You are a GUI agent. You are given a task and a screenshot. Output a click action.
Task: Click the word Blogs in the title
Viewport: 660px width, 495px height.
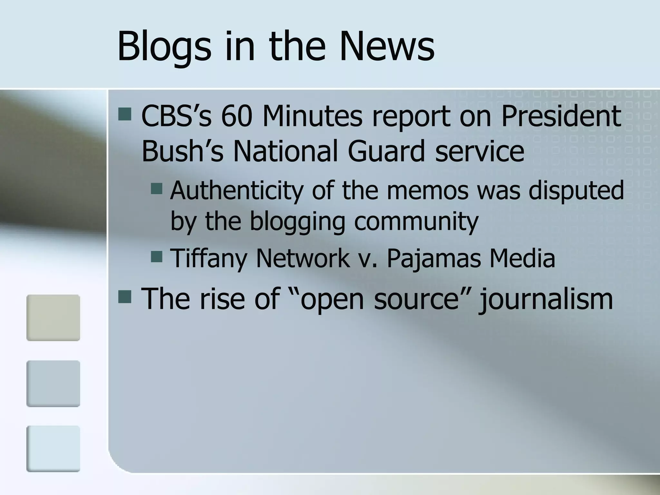[164, 47]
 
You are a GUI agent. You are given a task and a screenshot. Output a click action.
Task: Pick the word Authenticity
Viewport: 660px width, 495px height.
[237, 191]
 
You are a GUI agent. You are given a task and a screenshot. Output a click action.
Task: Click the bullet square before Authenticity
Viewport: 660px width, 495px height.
[157, 188]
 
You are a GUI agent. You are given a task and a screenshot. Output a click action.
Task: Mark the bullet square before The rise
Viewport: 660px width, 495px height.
[125, 297]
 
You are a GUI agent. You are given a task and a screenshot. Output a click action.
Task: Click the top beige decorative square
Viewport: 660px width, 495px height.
[53, 318]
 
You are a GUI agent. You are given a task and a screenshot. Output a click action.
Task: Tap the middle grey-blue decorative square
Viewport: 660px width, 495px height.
[53, 383]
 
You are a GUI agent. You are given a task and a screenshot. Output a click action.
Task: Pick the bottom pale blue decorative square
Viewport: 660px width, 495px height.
[53, 449]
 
